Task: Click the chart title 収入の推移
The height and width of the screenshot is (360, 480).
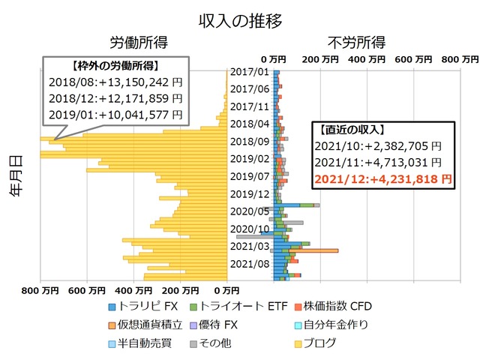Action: pos(240,20)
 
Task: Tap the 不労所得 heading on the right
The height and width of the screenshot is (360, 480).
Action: pos(356,42)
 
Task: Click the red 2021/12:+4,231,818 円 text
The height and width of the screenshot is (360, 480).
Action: pos(383,178)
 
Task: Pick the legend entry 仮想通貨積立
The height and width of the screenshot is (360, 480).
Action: pos(148,325)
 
